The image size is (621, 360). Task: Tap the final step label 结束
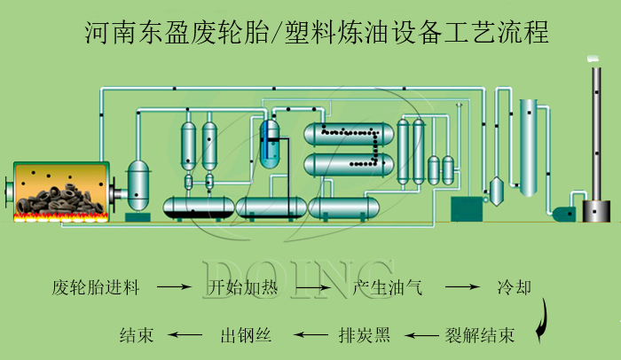[137, 336]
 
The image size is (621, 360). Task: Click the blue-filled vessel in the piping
[270, 142]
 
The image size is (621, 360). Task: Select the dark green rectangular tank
[466, 209]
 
